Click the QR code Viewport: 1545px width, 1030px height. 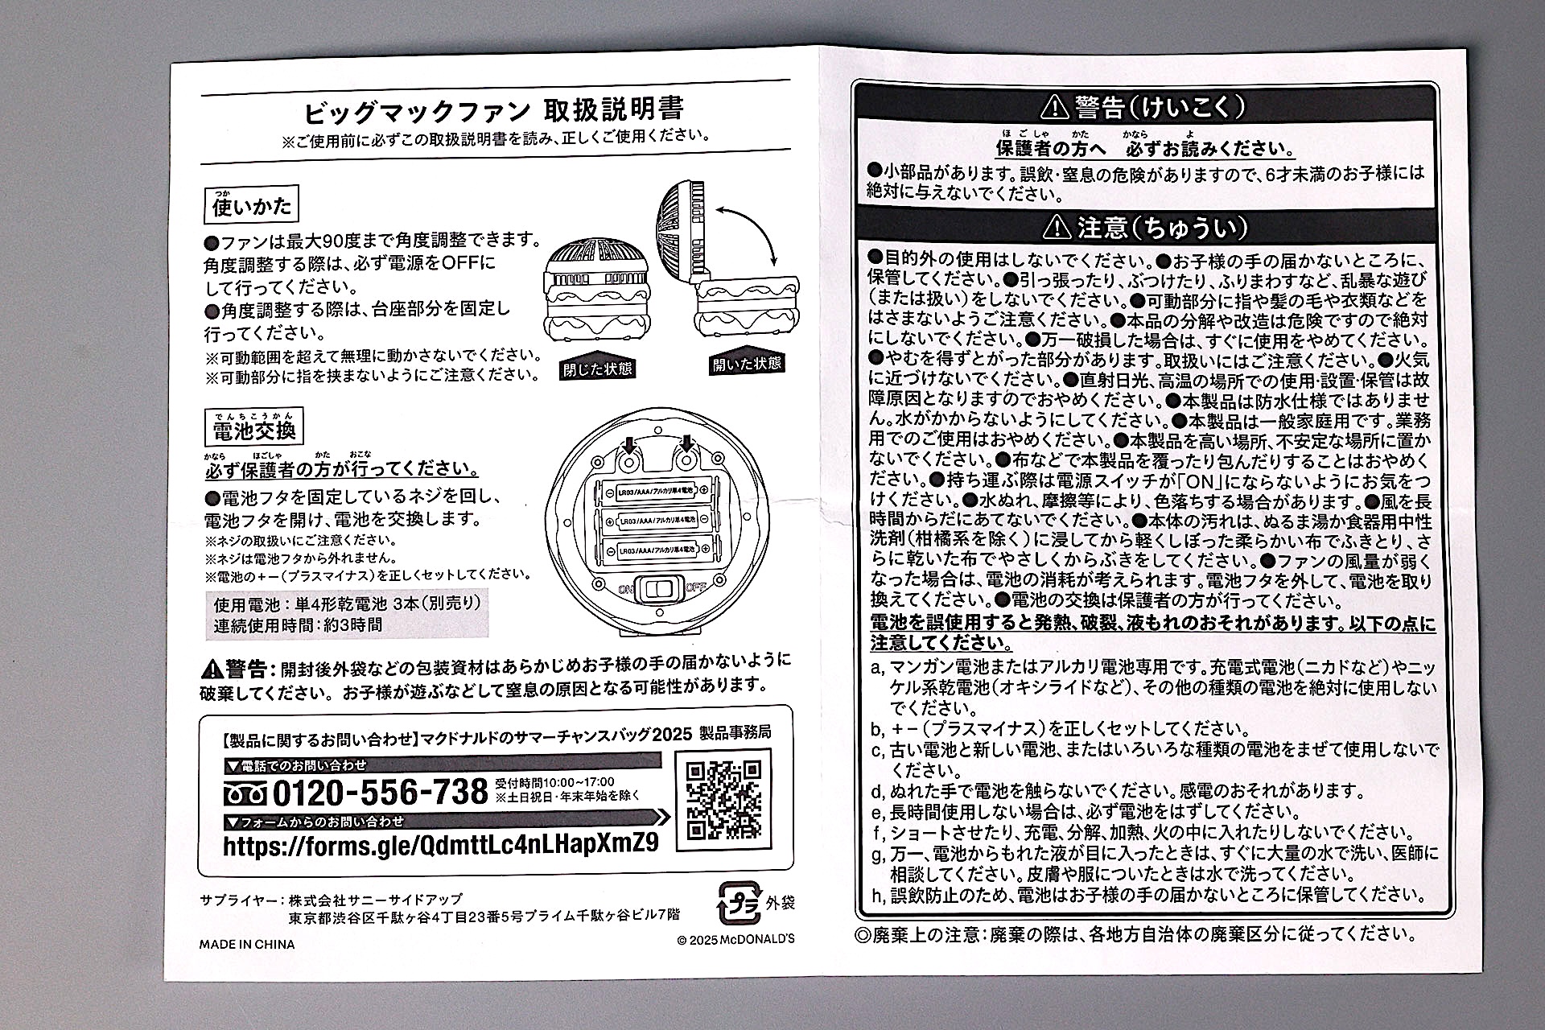(723, 800)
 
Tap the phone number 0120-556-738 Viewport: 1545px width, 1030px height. (380, 793)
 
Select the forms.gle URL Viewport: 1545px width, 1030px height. (440, 844)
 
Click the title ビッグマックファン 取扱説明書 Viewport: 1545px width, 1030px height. (494, 109)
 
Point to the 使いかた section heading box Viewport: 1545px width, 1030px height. (251, 206)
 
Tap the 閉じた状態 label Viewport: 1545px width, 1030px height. (597, 369)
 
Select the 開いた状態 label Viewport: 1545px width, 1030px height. (747, 364)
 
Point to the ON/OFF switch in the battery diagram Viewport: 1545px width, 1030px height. (657, 588)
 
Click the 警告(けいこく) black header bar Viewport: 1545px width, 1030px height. (1145, 106)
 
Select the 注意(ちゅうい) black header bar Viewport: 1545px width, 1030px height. (1145, 229)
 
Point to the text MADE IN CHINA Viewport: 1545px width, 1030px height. (247, 945)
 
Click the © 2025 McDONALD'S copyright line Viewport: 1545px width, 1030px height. (735, 939)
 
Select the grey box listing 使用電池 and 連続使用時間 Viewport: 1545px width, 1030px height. (347, 614)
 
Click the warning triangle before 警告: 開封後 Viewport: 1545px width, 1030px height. (212, 668)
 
